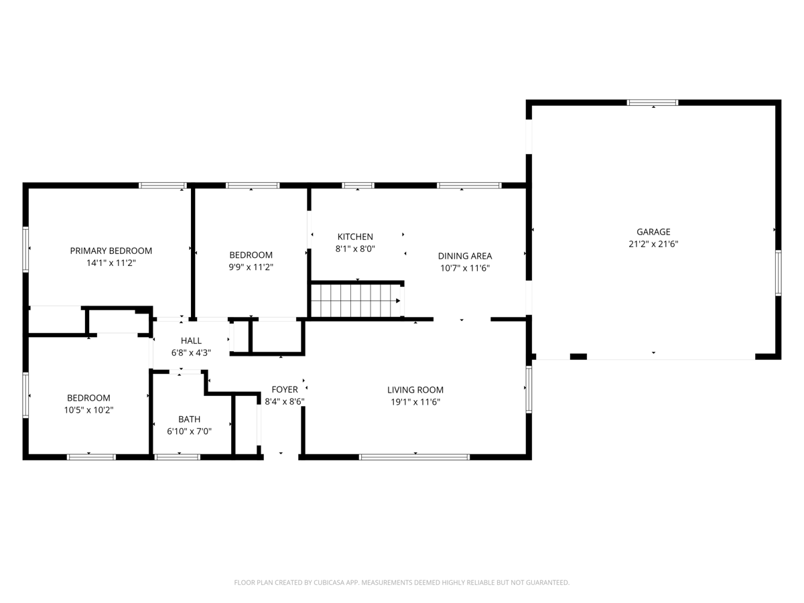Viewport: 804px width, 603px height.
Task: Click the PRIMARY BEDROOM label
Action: coord(111,251)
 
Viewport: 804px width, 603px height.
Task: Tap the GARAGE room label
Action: coord(653,232)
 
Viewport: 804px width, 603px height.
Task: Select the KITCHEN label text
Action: coord(355,237)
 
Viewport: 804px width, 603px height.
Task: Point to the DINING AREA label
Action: coord(465,256)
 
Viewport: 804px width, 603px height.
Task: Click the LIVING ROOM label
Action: coord(415,390)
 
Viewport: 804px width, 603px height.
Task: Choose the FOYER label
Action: coord(285,389)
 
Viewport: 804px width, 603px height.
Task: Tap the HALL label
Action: coord(191,340)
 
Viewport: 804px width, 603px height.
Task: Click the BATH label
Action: coord(190,419)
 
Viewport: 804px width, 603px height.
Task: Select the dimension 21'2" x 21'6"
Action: coord(653,244)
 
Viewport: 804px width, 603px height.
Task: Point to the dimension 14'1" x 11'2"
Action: coord(111,263)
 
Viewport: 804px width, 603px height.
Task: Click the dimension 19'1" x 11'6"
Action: coord(415,402)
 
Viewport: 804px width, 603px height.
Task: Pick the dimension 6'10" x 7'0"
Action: coord(190,431)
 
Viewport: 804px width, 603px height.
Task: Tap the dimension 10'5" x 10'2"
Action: coord(88,410)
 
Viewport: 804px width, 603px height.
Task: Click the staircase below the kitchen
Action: coord(356,300)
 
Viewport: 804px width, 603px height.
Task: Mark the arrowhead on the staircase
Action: coord(398,301)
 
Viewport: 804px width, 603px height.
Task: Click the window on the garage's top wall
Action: coord(653,103)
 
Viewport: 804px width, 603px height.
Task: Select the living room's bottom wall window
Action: coord(414,457)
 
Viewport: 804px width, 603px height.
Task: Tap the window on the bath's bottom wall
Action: coord(178,457)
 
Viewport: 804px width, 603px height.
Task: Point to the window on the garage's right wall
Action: coord(779,273)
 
